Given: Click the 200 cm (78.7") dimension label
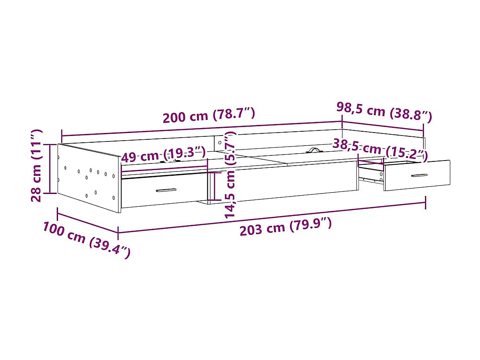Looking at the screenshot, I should click(x=209, y=115).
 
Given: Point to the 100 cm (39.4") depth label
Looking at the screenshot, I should click(x=86, y=240).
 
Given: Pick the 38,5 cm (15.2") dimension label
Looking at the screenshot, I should click(x=380, y=149).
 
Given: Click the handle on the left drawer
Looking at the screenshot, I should click(x=166, y=190).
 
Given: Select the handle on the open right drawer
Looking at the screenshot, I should click(x=419, y=175).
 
